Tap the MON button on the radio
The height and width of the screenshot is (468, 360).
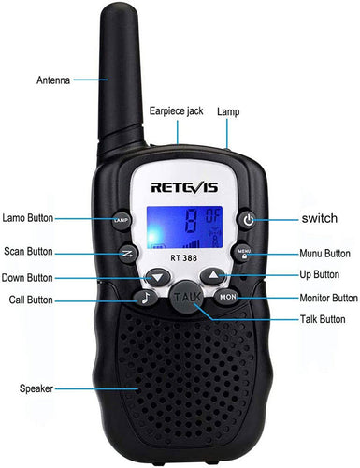(x=227, y=296)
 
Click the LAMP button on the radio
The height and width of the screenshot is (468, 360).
(x=121, y=221)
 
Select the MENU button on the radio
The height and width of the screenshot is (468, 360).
(x=245, y=253)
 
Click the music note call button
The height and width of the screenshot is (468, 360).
(x=145, y=298)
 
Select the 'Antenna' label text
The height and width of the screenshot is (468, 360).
(x=53, y=80)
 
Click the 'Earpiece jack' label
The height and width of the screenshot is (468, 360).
(x=176, y=110)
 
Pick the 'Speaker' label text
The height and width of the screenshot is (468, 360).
(x=36, y=387)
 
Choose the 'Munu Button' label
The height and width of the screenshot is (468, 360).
(x=324, y=253)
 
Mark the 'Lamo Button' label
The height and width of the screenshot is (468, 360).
(x=27, y=218)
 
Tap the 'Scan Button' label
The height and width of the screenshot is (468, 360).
(x=28, y=252)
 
